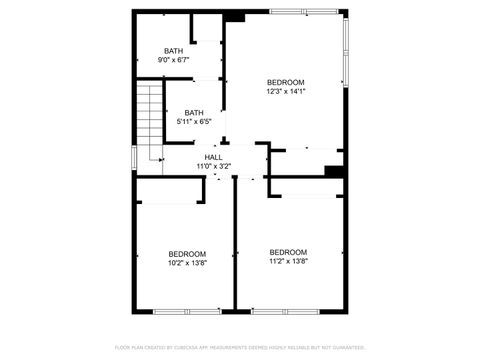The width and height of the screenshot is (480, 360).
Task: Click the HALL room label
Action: click(213, 157)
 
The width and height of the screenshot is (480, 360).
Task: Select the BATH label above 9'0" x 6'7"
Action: click(174, 51)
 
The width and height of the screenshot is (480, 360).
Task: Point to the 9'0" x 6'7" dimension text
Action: click(174, 60)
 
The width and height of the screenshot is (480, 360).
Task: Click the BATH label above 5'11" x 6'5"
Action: click(194, 113)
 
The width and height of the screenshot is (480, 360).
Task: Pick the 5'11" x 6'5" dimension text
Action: click(194, 122)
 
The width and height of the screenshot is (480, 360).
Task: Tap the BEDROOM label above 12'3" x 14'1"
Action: click(285, 82)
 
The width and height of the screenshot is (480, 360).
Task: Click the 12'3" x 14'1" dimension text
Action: click(285, 91)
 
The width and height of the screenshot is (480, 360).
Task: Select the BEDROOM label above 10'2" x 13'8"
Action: click(187, 254)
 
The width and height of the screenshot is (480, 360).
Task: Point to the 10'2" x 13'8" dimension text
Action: click(187, 263)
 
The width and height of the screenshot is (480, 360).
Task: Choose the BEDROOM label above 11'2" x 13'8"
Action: click(288, 252)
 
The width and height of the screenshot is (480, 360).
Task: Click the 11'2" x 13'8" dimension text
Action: click(288, 261)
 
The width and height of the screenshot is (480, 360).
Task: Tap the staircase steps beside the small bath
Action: click(149, 115)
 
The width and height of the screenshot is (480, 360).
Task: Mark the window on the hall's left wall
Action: click(134, 157)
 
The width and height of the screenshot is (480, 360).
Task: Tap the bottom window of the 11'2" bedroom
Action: click(285, 311)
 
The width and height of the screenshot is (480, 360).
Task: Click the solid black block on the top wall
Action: click(234, 15)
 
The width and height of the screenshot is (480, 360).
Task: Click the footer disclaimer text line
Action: click(240, 347)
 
